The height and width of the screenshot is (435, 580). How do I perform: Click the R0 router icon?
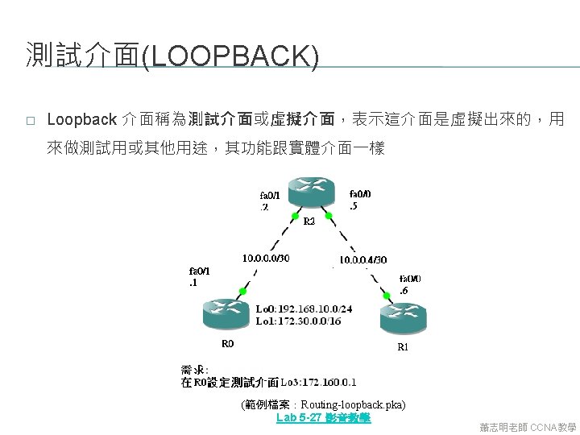click(227, 313)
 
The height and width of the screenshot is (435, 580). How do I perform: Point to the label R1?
click(403, 347)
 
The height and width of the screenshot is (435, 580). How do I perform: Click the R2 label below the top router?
click(309, 221)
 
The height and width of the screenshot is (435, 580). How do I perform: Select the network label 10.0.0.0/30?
click(266, 259)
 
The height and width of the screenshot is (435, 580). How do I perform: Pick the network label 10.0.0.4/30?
click(362, 260)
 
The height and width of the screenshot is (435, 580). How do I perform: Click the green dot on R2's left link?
click(295, 216)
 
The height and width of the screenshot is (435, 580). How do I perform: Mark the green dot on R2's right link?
click(328, 216)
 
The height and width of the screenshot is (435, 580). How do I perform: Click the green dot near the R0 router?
click(242, 290)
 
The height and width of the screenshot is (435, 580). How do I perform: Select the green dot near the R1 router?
click(386, 296)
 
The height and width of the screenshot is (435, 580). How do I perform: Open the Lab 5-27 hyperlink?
click(323, 418)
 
